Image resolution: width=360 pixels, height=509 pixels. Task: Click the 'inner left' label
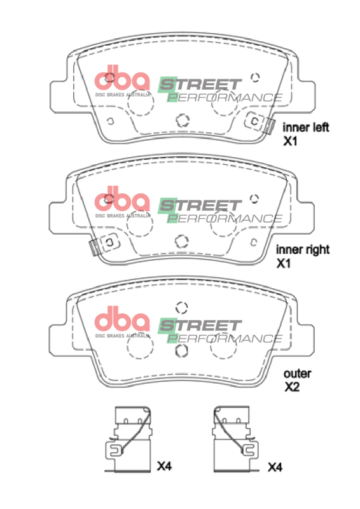(x=305, y=127)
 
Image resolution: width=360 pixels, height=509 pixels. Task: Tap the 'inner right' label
(x=303, y=249)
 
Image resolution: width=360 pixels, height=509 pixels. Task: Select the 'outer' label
(x=297, y=373)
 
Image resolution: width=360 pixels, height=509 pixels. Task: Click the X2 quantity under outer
(x=292, y=387)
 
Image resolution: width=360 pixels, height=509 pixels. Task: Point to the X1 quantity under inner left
(x=290, y=141)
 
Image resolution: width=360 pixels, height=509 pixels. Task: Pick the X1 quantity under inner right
(x=284, y=263)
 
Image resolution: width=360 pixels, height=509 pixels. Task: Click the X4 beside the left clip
(x=164, y=466)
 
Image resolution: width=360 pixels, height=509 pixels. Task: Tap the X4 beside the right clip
(x=275, y=467)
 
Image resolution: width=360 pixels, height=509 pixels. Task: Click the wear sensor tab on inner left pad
(x=269, y=126)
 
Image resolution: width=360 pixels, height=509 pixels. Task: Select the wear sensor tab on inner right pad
(x=94, y=248)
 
